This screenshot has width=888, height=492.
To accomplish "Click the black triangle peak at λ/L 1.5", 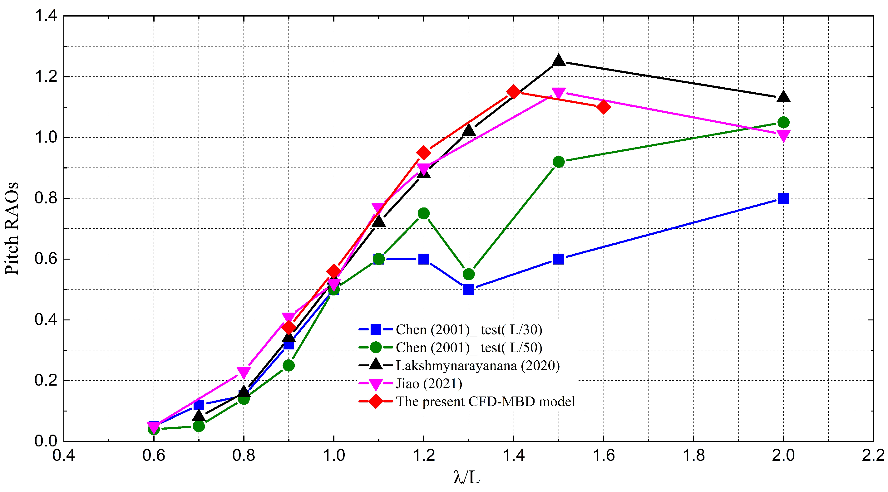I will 559,61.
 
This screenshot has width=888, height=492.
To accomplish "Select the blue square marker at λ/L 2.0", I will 783,198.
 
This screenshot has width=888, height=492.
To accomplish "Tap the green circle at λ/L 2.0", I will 783,122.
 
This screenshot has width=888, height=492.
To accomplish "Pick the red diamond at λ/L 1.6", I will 604,107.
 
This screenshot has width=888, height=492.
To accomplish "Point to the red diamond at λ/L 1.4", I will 514,92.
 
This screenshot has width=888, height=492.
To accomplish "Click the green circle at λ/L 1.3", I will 468,274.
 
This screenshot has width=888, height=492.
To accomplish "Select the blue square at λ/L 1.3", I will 468,290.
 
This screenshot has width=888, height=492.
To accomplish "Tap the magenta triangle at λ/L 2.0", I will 783,136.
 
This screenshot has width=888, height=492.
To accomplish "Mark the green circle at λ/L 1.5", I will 559,162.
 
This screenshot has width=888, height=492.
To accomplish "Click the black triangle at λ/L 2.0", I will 783,97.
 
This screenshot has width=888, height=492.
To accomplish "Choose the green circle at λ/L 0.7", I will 199,426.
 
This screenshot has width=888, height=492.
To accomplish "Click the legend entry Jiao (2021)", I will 429,383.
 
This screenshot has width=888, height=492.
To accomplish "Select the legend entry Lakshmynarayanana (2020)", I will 477,366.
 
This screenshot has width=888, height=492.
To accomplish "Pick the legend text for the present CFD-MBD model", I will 485,402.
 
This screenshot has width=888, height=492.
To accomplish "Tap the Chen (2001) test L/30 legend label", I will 468,330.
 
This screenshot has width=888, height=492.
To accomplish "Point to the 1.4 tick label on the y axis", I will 46,16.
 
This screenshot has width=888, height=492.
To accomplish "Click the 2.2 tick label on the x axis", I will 872,455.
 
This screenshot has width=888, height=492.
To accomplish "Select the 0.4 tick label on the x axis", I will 64,455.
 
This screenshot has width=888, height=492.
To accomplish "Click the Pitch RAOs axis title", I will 12,228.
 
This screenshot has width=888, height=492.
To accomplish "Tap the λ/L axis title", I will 466,478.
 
